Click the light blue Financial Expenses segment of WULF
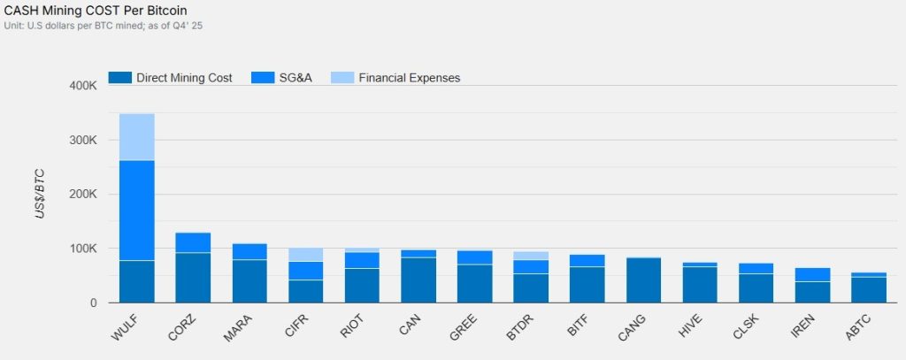click(x=137, y=137)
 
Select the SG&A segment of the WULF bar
click(x=137, y=210)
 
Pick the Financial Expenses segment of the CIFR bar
click(x=306, y=255)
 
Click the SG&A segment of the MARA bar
click(x=250, y=251)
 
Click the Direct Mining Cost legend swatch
click(x=119, y=78)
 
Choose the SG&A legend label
click(x=296, y=78)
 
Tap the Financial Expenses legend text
click(x=410, y=78)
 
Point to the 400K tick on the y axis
click(x=81, y=86)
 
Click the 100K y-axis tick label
click(x=81, y=249)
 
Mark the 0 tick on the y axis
click(x=91, y=303)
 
